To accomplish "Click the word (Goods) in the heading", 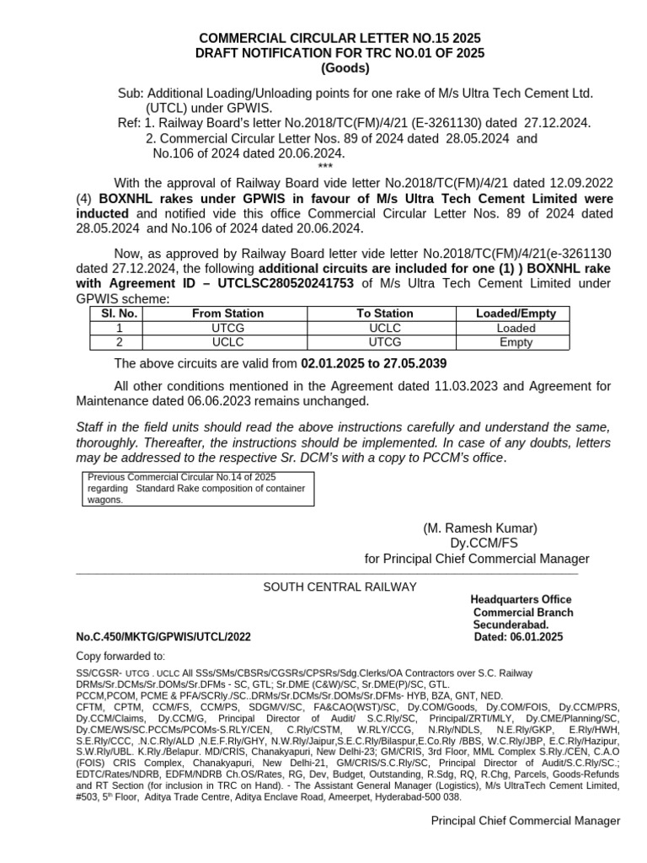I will tap(341, 68).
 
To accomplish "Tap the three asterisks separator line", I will tap(325, 167).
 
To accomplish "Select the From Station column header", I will tap(227, 314).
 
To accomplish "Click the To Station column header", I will tap(386, 314).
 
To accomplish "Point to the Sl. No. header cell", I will tap(119, 314).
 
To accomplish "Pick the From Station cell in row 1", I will tap(227, 328).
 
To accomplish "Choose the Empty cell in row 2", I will tap(516, 342).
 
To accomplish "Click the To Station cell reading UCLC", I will tap(386, 328).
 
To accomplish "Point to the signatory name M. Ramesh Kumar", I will tap(479, 528).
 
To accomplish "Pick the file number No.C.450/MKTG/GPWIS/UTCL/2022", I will tap(163, 638).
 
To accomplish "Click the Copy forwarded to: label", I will tap(120, 657).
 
